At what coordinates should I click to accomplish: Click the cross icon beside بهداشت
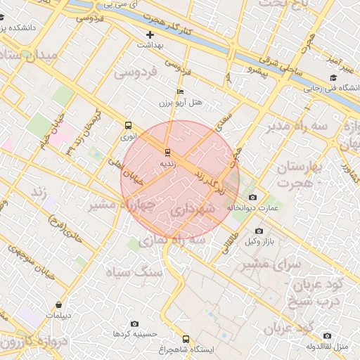coord(150,34)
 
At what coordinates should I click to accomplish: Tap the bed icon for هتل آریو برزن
coord(181,92)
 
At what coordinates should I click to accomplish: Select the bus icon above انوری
coord(128,125)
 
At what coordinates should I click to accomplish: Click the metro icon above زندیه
coord(167,152)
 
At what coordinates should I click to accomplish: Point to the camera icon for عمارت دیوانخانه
coord(253,198)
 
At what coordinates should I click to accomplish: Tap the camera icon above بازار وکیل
coord(259,231)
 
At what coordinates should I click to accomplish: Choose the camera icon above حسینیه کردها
coord(134,324)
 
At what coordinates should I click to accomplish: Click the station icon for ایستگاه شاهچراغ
coord(186,339)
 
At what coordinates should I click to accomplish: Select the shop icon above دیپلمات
coord(58,304)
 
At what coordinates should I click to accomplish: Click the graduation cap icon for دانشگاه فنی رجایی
coord(333,78)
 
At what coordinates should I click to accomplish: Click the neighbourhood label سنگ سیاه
coord(134,271)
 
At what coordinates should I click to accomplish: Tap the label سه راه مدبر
coord(297,126)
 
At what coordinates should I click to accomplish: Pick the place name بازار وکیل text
coord(259,242)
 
